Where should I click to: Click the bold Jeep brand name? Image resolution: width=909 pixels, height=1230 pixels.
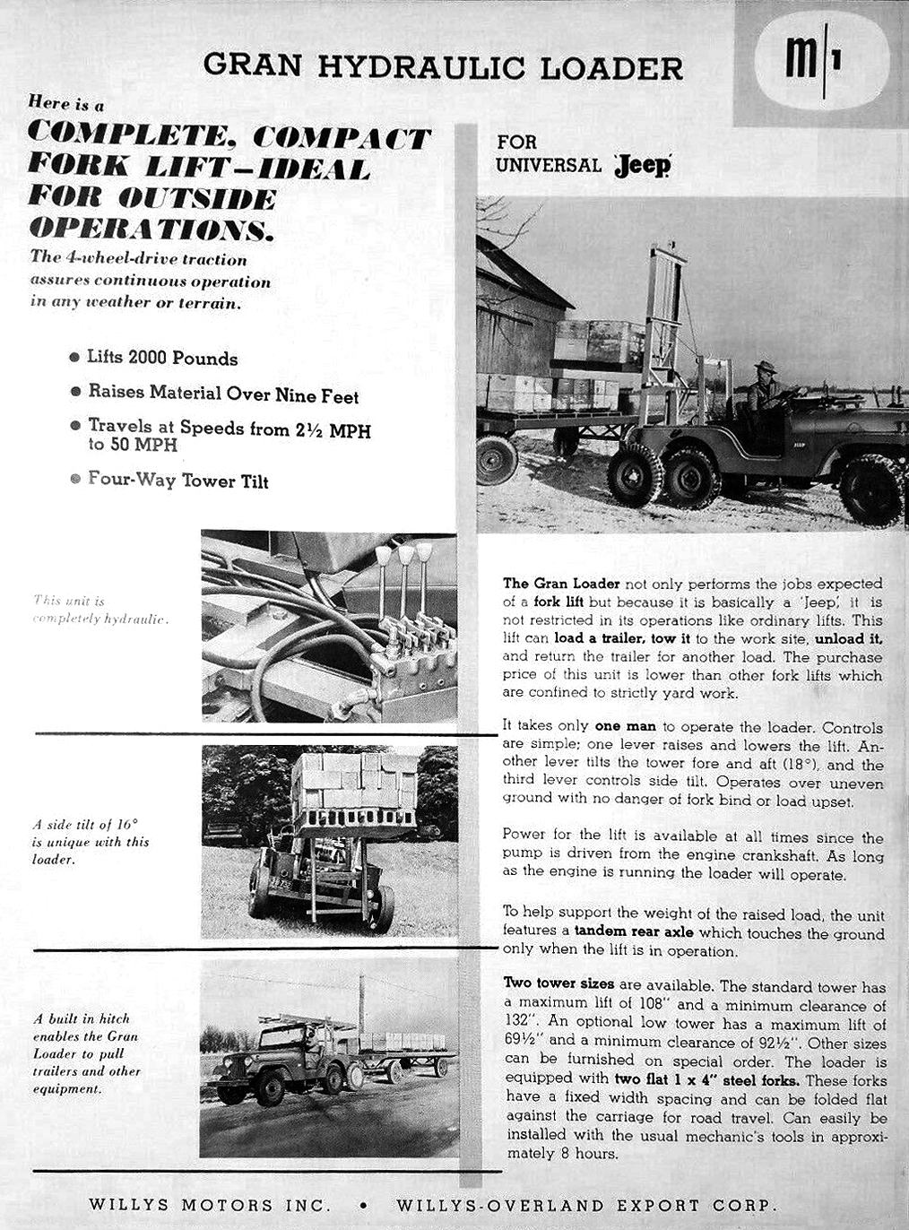(x=643, y=166)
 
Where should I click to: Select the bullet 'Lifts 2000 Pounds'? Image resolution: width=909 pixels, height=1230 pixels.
(x=161, y=358)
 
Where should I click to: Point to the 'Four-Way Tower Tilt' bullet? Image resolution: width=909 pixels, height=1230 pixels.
(x=177, y=480)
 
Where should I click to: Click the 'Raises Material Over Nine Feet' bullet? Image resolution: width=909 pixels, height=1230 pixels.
(x=222, y=394)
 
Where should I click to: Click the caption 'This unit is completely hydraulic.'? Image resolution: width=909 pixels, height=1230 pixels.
(x=100, y=610)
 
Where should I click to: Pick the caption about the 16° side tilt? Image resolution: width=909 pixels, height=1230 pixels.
(x=90, y=841)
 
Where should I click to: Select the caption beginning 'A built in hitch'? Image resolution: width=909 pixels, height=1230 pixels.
(x=86, y=1053)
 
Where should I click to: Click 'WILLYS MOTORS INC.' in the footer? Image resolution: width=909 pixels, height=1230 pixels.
(x=210, y=1204)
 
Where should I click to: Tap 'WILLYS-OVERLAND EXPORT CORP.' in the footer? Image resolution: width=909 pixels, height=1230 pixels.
(x=586, y=1204)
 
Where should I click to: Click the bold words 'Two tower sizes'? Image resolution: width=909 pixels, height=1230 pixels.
(x=558, y=983)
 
